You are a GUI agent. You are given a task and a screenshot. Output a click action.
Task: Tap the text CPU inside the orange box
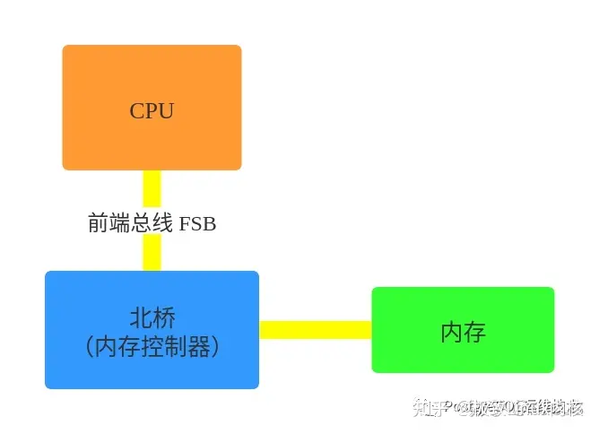point(152,111)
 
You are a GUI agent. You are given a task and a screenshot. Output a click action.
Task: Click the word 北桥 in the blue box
point(152,318)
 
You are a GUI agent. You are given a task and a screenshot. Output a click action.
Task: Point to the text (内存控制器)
point(152,347)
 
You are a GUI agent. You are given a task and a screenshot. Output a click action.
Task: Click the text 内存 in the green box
point(463,332)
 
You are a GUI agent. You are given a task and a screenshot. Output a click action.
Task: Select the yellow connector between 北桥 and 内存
point(315,330)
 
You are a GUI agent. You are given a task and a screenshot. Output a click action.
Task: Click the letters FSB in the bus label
point(197,223)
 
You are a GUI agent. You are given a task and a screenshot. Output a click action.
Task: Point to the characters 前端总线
point(129,223)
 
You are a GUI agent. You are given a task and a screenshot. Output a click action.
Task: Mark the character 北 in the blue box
point(140,318)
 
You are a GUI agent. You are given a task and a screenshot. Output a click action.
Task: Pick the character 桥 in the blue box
point(163,318)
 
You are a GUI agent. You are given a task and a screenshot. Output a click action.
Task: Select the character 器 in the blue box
point(195,347)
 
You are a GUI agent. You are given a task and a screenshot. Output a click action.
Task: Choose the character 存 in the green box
point(474,332)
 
